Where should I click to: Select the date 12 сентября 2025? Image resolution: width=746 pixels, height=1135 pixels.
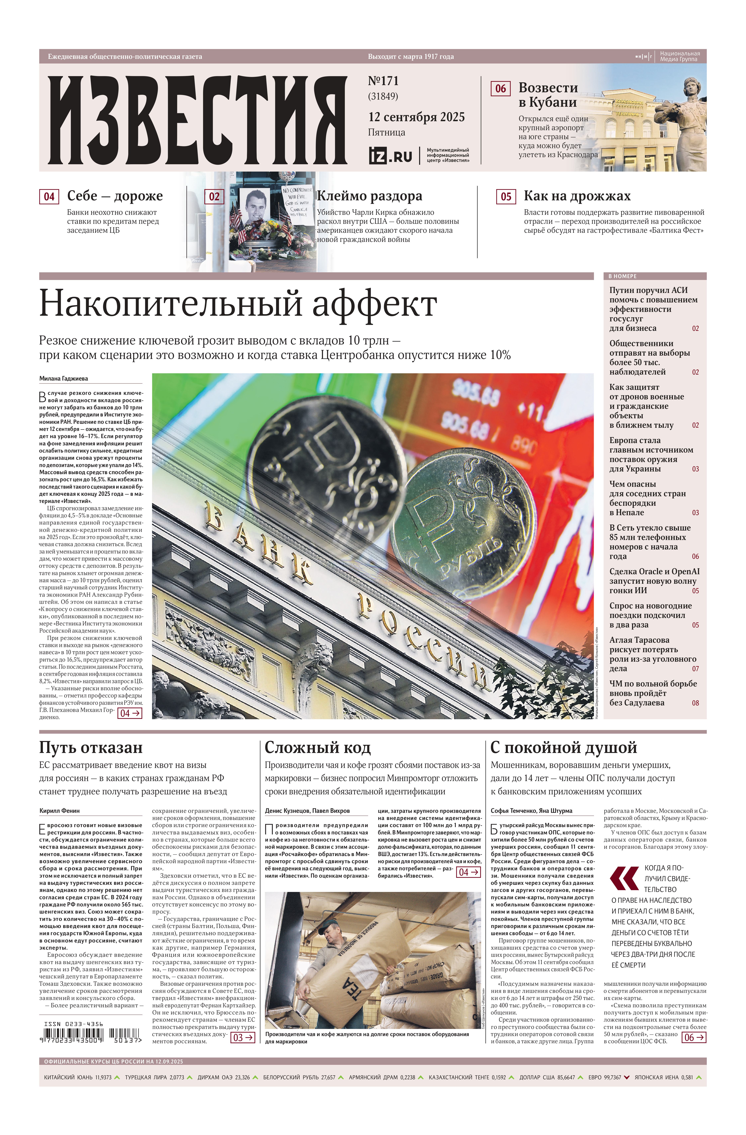pos(416,117)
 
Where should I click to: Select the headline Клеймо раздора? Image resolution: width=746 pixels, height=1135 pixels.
pos(369,196)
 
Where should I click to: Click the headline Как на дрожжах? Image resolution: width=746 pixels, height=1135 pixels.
pos(577,196)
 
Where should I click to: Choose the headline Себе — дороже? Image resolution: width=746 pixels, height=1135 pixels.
pos(115,196)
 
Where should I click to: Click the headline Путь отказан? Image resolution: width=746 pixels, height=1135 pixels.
pos(91,747)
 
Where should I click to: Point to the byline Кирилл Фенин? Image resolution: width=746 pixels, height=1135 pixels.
pos(60,810)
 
